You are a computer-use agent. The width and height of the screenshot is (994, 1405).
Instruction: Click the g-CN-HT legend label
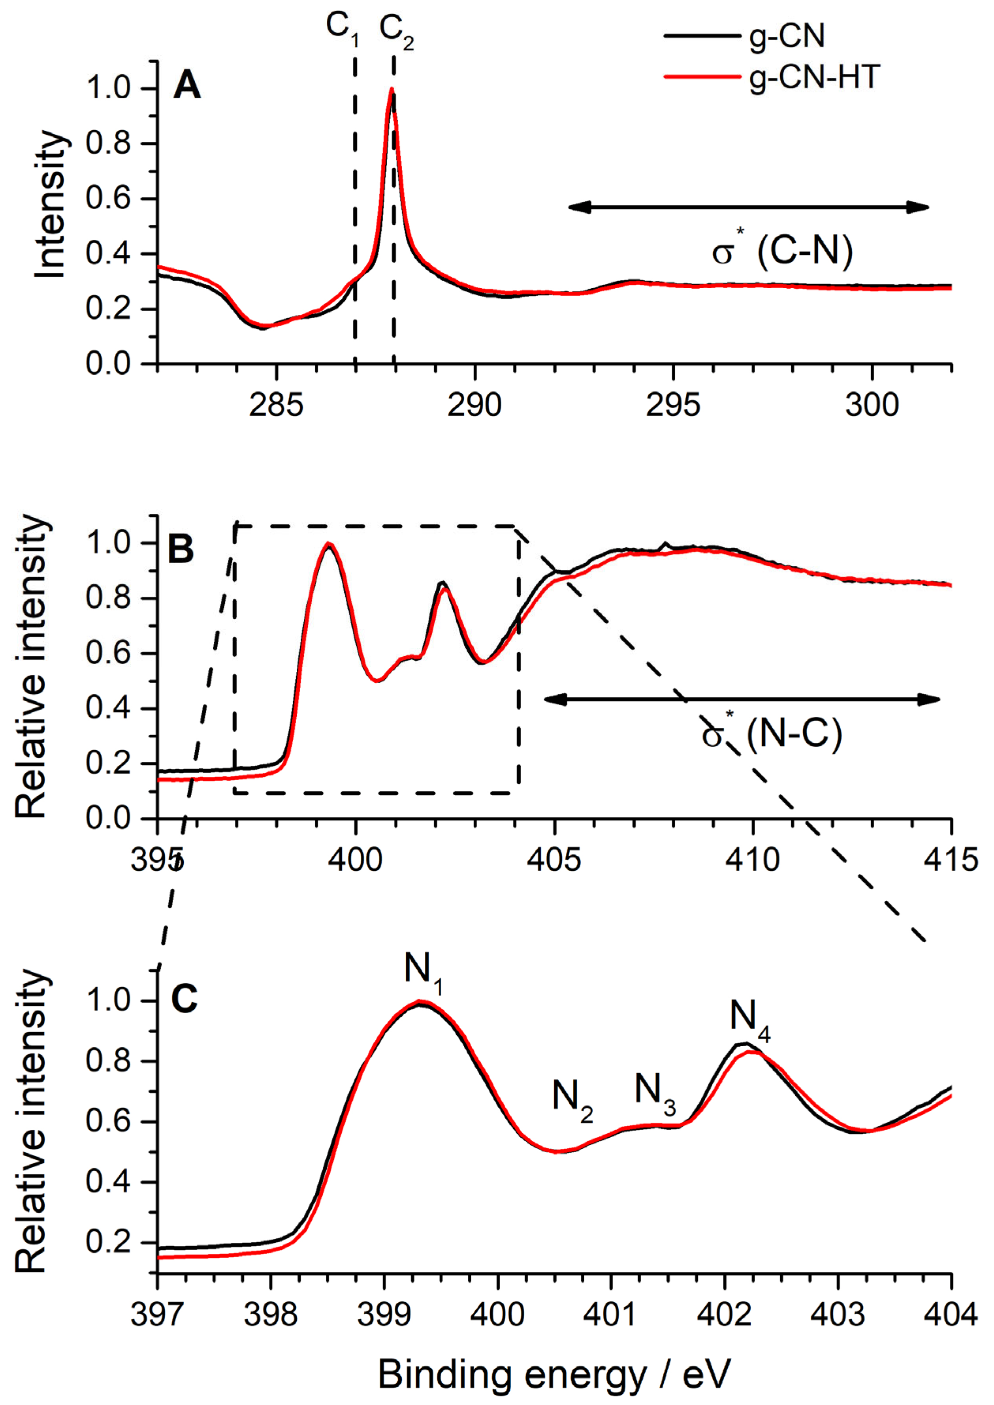pyautogui.click(x=814, y=78)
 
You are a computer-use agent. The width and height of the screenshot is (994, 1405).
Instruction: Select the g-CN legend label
pyautogui.click(x=787, y=37)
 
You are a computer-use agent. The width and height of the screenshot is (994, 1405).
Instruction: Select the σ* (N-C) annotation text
pyautogui.click(x=772, y=734)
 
